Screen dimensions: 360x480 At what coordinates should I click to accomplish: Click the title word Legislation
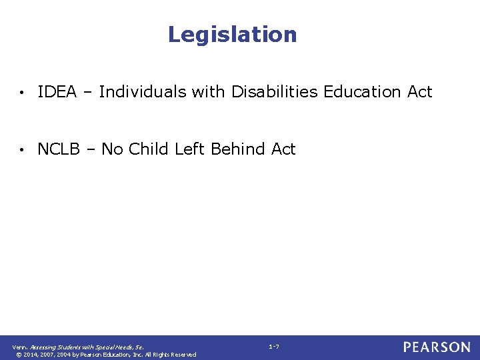[x=232, y=35]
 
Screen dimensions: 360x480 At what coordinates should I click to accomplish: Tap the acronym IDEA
[x=57, y=92]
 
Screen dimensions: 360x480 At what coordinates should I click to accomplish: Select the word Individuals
[x=143, y=92]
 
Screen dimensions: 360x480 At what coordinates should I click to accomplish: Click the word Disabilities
[x=275, y=92]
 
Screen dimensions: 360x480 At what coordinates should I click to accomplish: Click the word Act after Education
[x=420, y=92]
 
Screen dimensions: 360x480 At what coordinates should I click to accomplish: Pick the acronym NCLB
[x=59, y=149]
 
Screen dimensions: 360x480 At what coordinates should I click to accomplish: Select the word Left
[x=190, y=149]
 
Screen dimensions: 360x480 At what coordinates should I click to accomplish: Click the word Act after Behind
[x=283, y=149]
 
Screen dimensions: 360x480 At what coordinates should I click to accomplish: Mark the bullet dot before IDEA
[x=23, y=93]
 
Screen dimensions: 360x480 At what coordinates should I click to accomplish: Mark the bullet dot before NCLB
[x=23, y=150]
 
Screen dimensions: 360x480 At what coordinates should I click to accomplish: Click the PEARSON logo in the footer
[x=436, y=347]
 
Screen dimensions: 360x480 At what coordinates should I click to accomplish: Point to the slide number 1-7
[x=273, y=347]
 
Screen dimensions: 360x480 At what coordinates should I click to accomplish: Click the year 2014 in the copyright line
[x=31, y=355]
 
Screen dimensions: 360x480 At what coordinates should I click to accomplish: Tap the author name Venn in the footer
[x=19, y=347]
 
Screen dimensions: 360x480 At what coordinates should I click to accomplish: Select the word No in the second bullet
[x=112, y=149]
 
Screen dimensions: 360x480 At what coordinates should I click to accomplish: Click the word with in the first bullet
[x=209, y=92]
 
